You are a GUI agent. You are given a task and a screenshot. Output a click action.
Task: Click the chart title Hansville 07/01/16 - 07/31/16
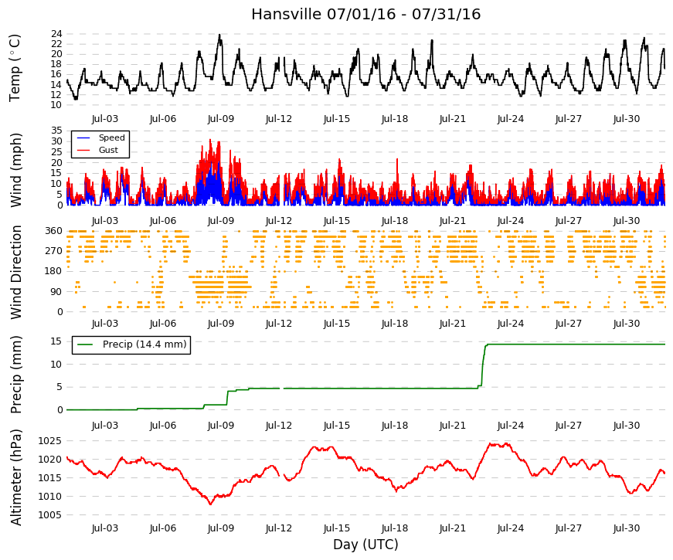pyautogui.click(x=365, y=14)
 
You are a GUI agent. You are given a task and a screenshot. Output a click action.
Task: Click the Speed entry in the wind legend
pyautogui.click(x=111, y=137)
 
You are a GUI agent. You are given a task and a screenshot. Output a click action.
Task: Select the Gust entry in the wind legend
pyautogui.click(x=108, y=150)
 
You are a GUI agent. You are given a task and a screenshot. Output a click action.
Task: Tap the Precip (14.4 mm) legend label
pyautogui.click(x=144, y=344)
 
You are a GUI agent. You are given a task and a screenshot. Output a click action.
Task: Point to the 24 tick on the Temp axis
pyautogui.click(x=56, y=34)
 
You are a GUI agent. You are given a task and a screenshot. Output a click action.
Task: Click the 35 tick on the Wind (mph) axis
pyautogui.click(x=56, y=131)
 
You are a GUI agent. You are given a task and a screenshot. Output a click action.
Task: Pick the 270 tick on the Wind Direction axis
pyautogui.click(x=53, y=251)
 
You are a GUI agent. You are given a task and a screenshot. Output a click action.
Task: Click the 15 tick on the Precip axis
pyautogui.click(x=56, y=341)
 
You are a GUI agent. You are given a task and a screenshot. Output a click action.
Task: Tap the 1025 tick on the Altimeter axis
pyautogui.click(x=49, y=441)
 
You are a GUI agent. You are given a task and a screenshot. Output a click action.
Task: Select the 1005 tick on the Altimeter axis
pyautogui.click(x=49, y=515)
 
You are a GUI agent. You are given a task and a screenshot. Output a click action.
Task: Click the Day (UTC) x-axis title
pyautogui.click(x=365, y=545)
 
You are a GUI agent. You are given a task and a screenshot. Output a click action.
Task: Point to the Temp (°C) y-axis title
pyautogui.click(x=15, y=68)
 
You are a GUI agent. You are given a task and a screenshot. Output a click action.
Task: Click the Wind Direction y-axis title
pyautogui.click(x=16, y=272)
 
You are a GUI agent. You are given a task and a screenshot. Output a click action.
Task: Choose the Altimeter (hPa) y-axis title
pyautogui.click(x=16, y=477)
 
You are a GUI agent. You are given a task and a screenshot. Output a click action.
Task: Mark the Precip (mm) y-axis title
pyautogui.click(x=16, y=375)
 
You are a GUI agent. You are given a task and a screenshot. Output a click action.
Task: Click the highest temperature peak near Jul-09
pyautogui.click(x=219, y=36)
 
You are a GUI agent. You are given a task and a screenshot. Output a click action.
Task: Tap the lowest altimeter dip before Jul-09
pyautogui.click(x=210, y=504)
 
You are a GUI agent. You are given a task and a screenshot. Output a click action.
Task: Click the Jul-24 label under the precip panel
pyautogui.click(x=510, y=426)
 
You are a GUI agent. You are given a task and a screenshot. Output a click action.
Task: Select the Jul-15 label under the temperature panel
pyautogui.click(x=337, y=119)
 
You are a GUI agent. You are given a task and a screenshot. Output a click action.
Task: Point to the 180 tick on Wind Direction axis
pyautogui.click(x=53, y=271)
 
